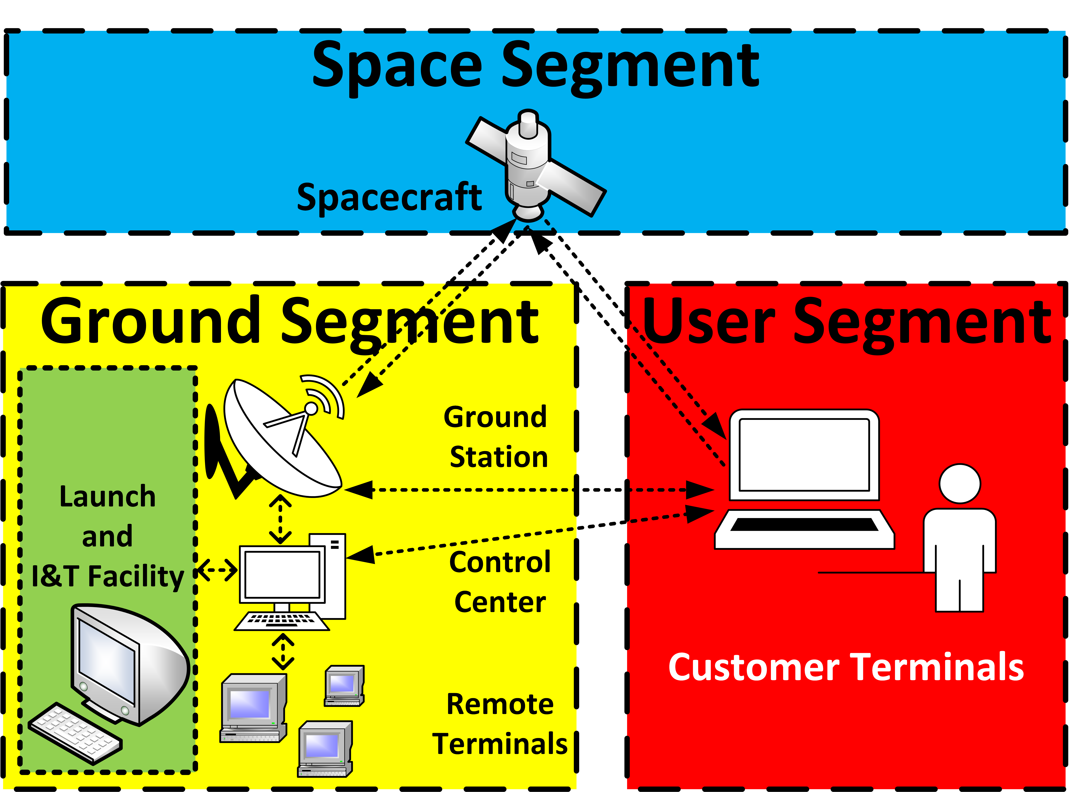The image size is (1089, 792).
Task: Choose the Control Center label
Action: coord(499,582)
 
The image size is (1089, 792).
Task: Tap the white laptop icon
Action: coord(804,480)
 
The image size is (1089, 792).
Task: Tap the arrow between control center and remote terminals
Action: coord(283,652)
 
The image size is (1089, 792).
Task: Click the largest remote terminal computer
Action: coord(253,708)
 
